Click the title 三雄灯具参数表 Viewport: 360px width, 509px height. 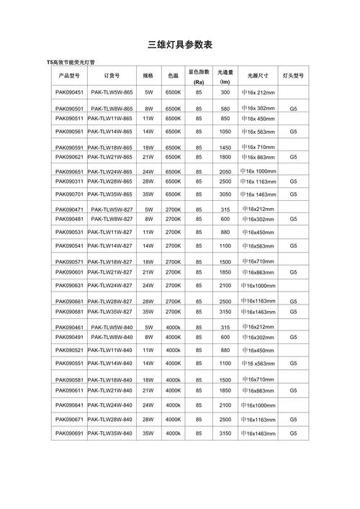[179, 45]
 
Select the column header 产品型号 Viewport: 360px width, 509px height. [69, 76]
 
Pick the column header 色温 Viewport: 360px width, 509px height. [173, 76]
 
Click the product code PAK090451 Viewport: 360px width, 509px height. [69, 93]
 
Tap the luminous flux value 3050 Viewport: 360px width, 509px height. [225, 194]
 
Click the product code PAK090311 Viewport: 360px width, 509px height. [69, 182]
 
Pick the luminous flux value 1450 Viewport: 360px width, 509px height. [225, 148]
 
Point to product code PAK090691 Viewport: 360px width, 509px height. [69, 433]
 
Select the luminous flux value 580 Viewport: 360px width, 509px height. [225, 109]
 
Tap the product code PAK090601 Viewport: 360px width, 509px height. [69, 272]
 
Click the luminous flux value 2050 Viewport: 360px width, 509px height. [225, 172]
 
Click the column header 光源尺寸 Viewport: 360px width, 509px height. [258, 76]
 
